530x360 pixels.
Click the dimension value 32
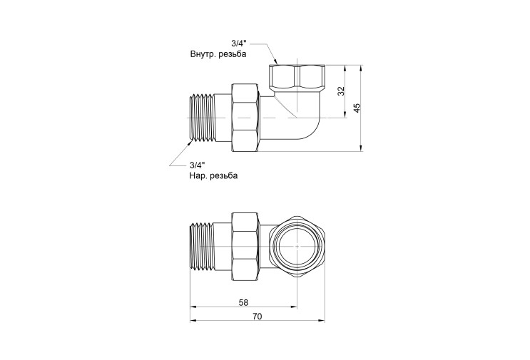tap(342, 91)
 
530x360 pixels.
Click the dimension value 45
tap(357, 108)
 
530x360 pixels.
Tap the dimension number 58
tap(243, 302)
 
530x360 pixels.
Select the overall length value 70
tap(258, 316)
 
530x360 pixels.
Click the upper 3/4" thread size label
tap(239, 43)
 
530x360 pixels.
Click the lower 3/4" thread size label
tap(198, 165)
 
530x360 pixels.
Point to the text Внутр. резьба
tap(218, 54)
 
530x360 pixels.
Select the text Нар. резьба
tap(213, 175)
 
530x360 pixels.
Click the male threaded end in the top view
tap(203, 118)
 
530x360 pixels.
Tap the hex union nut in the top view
tap(245, 118)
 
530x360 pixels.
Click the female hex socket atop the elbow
tap(297, 76)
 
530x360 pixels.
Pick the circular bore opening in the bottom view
tap(297, 246)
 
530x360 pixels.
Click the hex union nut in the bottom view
tap(245, 246)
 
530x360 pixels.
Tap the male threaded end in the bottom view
tap(203, 246)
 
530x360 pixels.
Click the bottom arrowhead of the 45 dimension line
tap(361, 148)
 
